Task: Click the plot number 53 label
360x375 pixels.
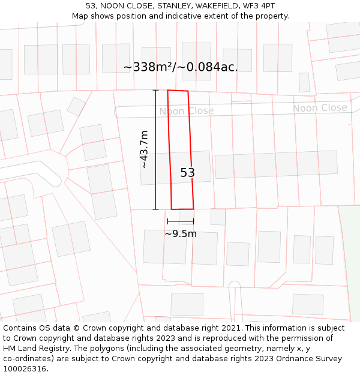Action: pyautogui.click(x=188, y=173)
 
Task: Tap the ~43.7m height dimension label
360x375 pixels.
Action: pyautogui.click(x=143, y=150)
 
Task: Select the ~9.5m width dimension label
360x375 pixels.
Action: pyautogui.click(x=181, y=233)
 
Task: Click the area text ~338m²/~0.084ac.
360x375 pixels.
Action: pyautogui.click(x=181, y=67)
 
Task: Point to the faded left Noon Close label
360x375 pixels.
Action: pyautogui.click(x=186, y=111)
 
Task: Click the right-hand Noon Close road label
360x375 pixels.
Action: pyautogui.click(x=320, y=108)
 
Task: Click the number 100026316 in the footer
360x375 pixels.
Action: pyautogui.click(x=25, y=368)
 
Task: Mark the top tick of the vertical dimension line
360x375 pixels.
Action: pyautogui.click(x=156, y=90)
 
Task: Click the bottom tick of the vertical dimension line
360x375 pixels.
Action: pyautogui.click(x=156, y=209)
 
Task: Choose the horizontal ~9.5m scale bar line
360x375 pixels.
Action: pyautogui.click(x=181, y=221)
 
